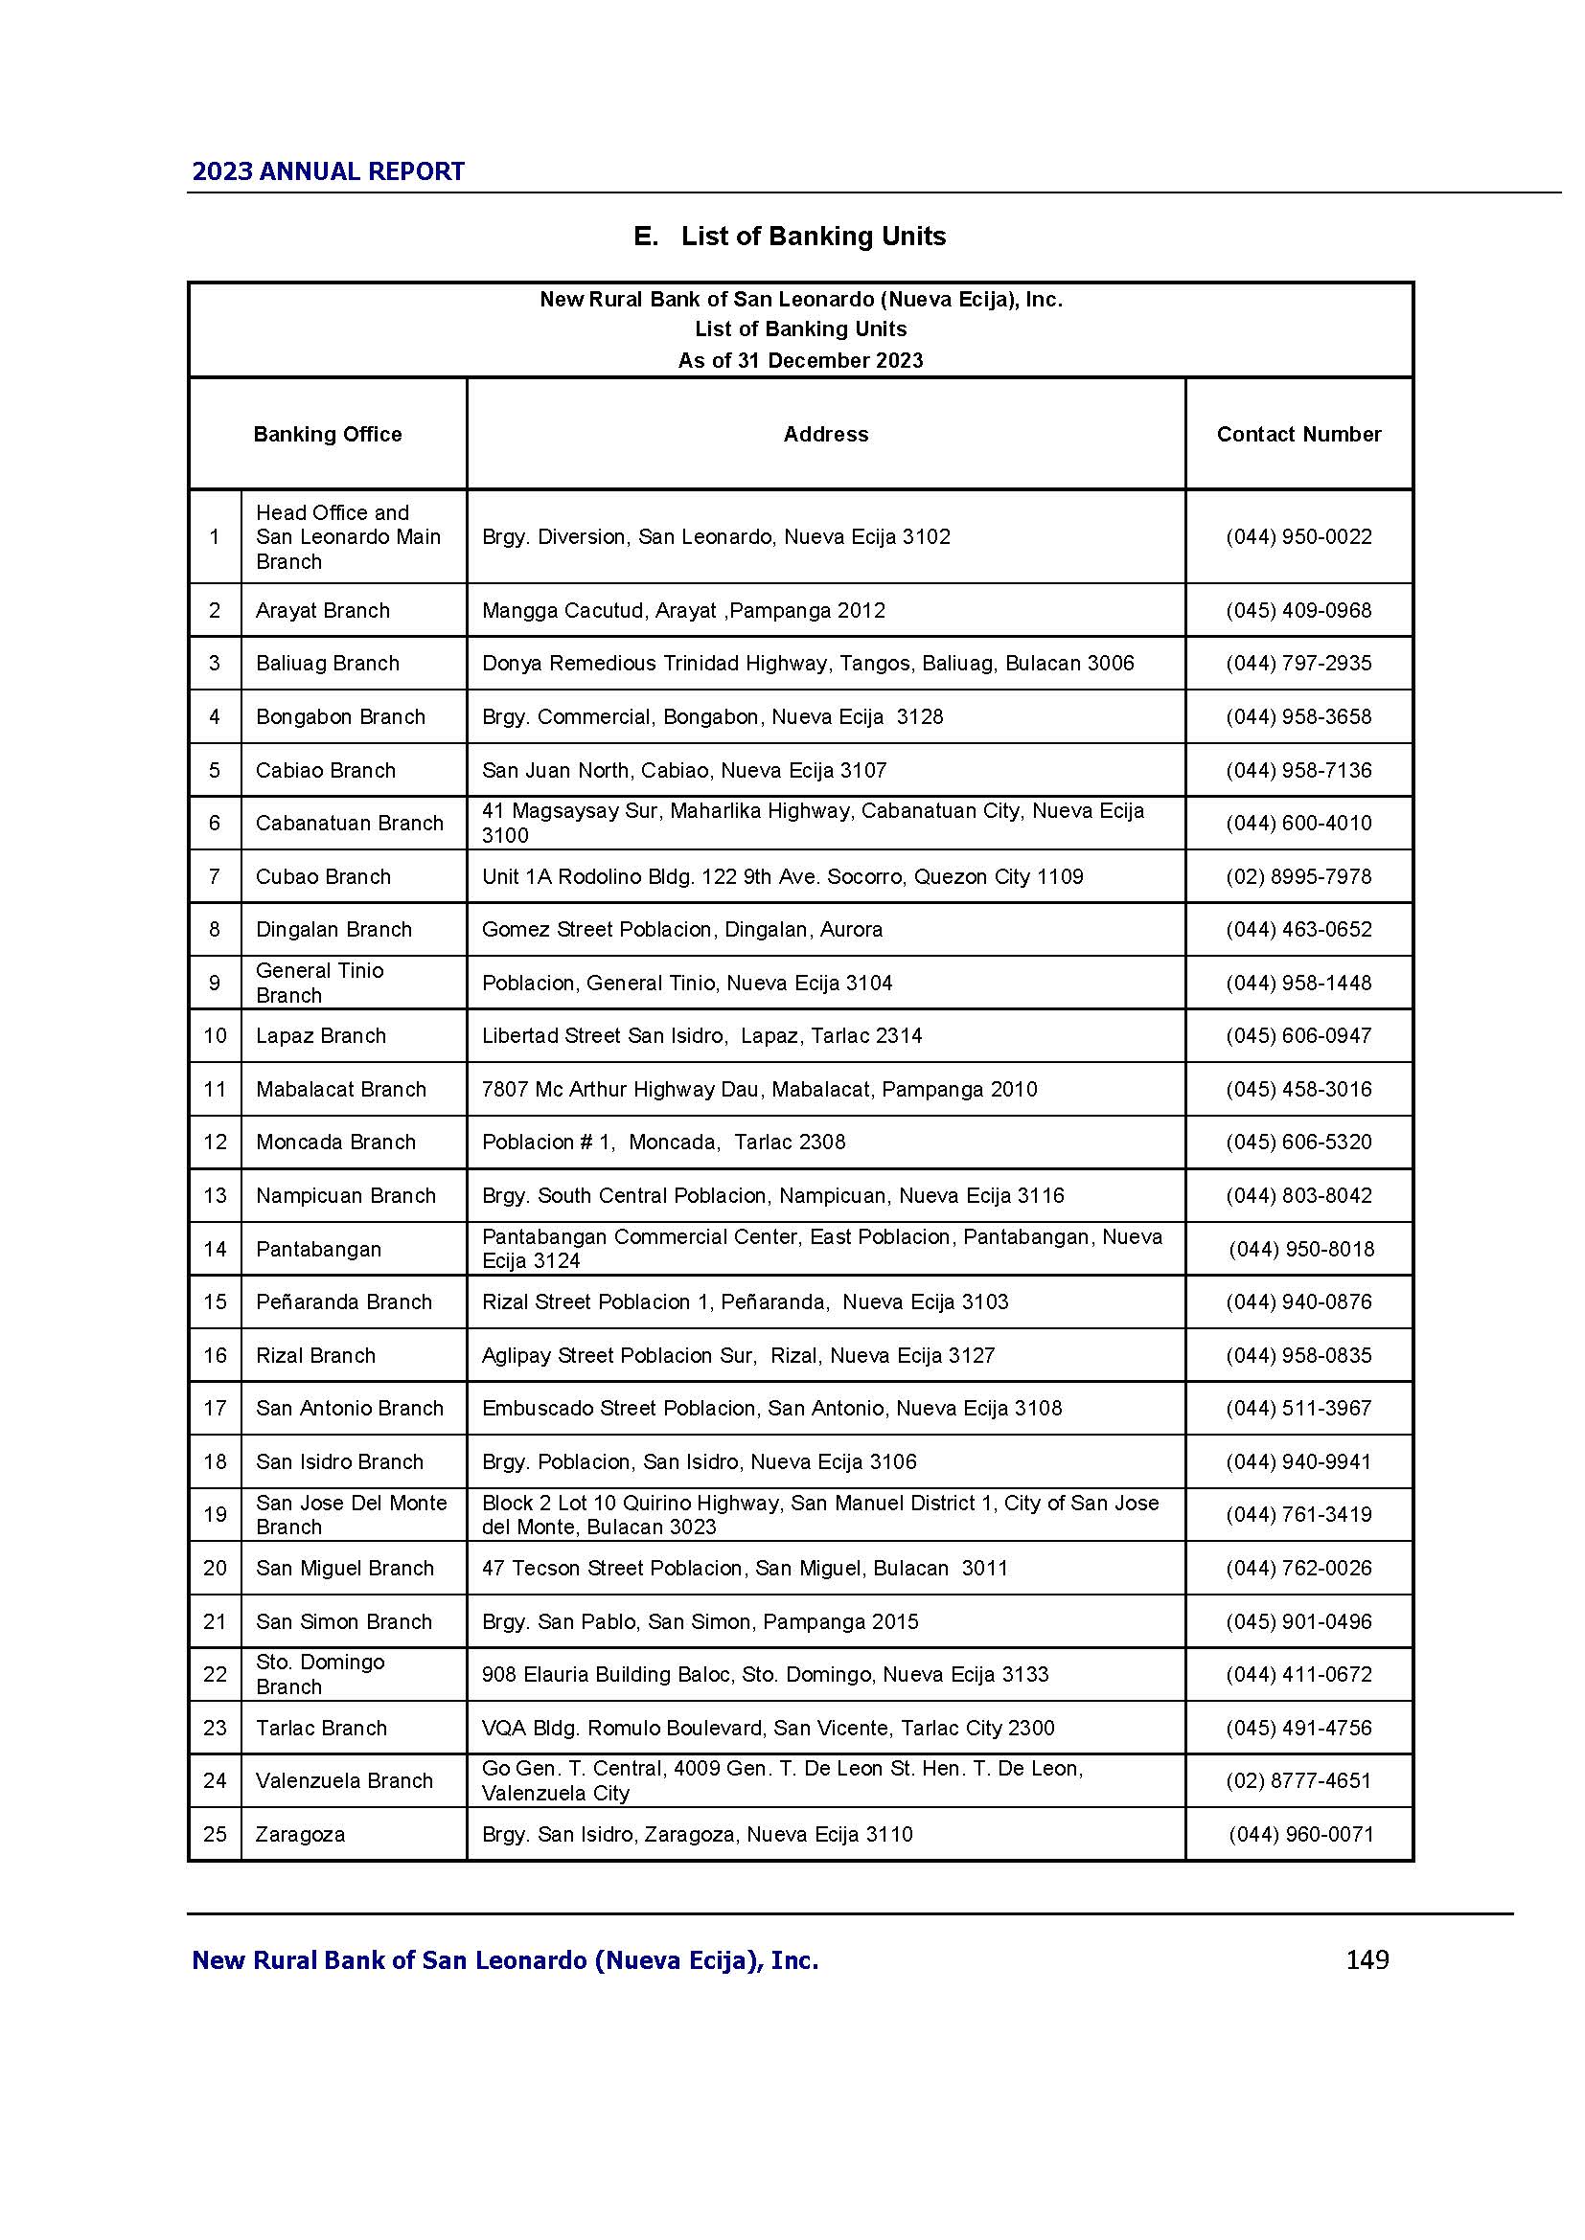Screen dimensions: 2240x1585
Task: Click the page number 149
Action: [x=1367, y=1959]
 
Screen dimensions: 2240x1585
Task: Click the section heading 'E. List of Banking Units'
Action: [x=789, y=237]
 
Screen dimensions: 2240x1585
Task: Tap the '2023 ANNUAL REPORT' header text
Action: [x=328, y=171]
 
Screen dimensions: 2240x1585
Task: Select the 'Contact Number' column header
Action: [x=1298, y=434]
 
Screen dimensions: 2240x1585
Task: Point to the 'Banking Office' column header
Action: [x=327, y=434]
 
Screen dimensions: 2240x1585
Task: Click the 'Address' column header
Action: [x=825, y=434]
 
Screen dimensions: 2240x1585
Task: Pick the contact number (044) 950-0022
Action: [x=1298, y=536]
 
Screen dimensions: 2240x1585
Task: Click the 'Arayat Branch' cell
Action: [x=322, y=611]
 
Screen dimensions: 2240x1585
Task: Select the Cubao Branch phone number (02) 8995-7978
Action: [x=1298, y=876]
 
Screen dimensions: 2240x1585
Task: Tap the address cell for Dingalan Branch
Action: [x=681, y=929]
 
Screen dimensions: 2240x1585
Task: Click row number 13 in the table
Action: [x=215, y=1195]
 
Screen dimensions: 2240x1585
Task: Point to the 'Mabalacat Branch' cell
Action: [x=340, y=1089]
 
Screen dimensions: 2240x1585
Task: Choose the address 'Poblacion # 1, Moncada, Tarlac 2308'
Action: [x=664, y=1142]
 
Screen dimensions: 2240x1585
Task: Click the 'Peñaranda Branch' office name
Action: [x=344, y=1301]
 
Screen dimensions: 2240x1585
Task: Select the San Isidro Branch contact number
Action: [x=1298, y=1461]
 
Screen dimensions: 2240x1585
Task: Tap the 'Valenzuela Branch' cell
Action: [x=344, y=1780]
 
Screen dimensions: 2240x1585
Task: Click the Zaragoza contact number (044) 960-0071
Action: [x=1300, y=1834]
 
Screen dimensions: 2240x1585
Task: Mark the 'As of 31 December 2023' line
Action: [x=800, y=360]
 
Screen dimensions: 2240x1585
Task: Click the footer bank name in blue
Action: [x=505, y=1960]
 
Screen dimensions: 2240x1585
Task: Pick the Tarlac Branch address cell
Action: [x=768, y=1728]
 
